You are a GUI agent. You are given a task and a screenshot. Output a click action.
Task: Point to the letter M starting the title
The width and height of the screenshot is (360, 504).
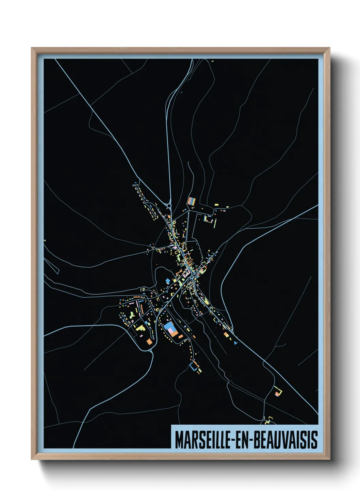(x=179, y=440)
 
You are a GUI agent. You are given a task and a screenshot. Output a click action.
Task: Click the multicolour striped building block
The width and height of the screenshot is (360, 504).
(x=192, y=201)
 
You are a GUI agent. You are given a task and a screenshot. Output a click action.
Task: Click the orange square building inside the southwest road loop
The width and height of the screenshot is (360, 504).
(x=149, y=341)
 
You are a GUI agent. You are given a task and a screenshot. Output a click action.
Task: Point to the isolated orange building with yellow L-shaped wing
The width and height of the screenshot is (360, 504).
(x=279, y=393)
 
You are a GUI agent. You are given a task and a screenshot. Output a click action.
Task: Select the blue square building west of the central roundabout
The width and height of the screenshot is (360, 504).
(x=167, y=280)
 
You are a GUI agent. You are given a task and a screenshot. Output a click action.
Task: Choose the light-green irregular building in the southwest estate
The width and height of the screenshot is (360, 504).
(x=140, y=328)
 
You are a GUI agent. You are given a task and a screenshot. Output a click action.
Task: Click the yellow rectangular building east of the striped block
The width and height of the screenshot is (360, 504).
(x=216, y=204)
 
